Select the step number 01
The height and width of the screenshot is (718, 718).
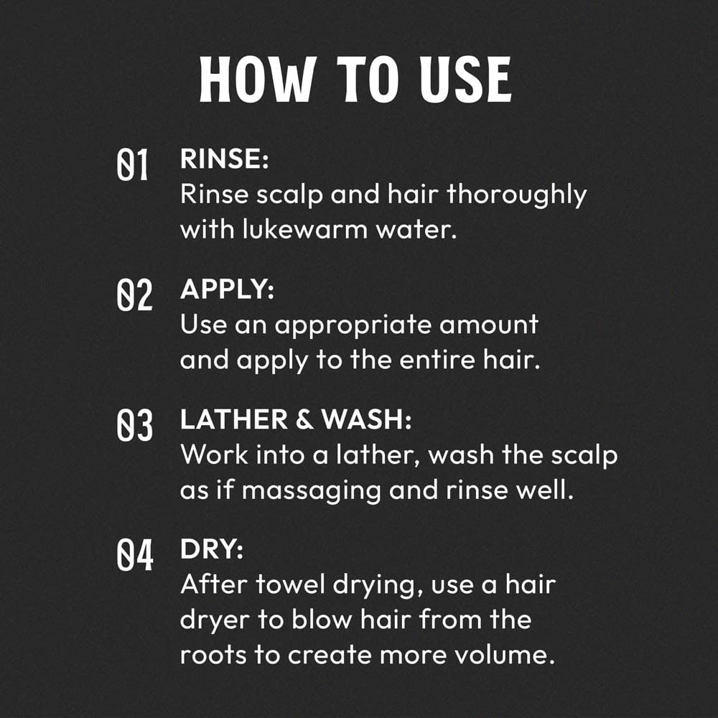pyautogui.click(x=133, y=166)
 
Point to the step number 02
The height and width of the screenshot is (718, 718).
pyautogui.click(x=134, y=296)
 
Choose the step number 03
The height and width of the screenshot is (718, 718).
pyautogui.click(x=134, y=426)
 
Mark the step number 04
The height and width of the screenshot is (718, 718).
pyautogui.click(x=134, y=556)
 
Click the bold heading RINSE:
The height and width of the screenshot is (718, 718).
pyautogui.click(x=224, y=160)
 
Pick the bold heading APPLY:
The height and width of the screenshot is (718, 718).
pyautogui.click(x=226, y=290)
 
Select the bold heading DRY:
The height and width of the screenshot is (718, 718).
pyautogui.click(x=212, y=551)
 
